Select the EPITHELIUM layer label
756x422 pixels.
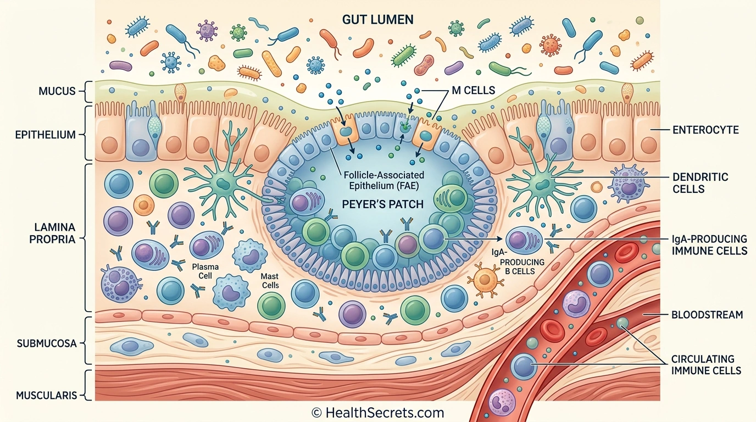tap(46, 135)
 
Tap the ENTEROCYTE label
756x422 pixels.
tap(705, 130)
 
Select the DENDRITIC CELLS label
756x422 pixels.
tap(700, 183)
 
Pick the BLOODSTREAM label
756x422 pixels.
tap(707, 315)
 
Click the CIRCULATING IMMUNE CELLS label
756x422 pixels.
tap(706, 365)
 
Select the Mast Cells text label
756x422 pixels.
tap(270, 281)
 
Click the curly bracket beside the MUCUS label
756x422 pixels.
tap(88, 91)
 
